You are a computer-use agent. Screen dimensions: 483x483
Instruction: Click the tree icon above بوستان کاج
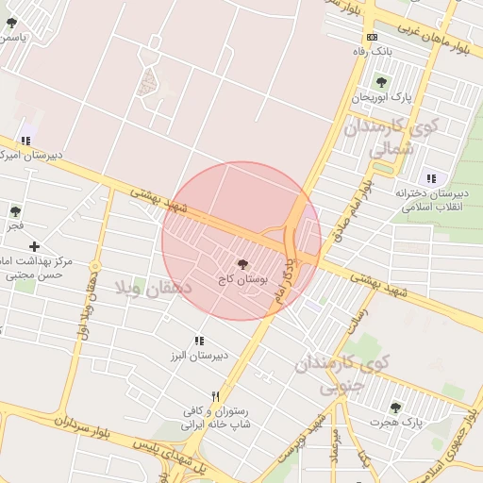(x=244, y=263)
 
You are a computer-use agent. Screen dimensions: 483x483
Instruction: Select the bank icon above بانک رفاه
(x=373, y=37)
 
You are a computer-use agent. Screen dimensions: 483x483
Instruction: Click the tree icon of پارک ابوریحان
(x=382, y=81)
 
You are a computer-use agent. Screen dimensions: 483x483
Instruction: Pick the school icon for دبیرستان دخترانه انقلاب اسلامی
(x=431, y=178)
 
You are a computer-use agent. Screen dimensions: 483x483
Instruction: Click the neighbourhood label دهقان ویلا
(x=152, y=287)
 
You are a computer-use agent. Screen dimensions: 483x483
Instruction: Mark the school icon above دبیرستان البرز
(x=199, y=341)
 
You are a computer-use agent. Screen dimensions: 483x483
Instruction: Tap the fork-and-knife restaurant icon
(x=216, y=396)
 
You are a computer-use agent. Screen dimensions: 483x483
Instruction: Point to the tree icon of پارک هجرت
(x=395, y=408)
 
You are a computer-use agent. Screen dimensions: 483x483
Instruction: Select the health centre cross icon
(x=35, y=246)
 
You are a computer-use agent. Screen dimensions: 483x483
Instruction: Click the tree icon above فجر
(x=14, y=210)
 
